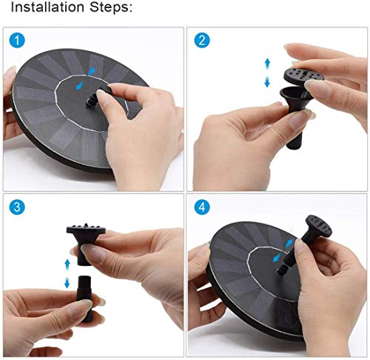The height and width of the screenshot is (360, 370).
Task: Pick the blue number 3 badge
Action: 17,208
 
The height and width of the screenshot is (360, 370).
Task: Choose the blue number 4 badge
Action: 201,208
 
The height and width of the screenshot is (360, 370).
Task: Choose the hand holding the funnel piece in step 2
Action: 237,141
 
